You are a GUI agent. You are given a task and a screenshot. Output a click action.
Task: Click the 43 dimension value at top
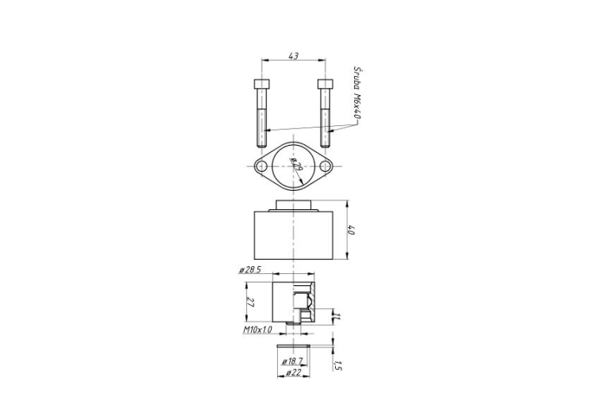294,55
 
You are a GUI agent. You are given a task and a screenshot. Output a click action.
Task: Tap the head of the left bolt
262,83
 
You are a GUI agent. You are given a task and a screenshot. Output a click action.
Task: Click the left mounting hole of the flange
261,166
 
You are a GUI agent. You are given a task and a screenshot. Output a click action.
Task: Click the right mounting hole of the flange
325,166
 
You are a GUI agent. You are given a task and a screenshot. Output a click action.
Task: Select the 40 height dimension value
351,230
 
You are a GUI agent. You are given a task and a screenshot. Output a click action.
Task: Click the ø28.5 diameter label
250,271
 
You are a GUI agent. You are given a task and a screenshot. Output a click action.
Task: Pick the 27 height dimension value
250,302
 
